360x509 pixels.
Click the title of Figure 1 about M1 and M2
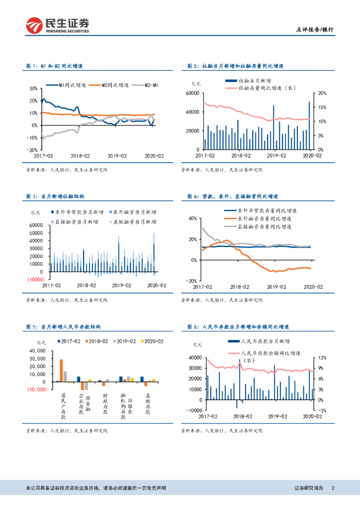coord(54,66)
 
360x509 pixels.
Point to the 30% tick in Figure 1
coord(33,88)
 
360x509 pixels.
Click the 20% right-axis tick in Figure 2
coord(322,93)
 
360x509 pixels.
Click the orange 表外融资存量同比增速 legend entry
coord(264,218)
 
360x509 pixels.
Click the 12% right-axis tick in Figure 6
coord(322,358)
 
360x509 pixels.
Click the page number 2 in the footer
coord(333,488)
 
